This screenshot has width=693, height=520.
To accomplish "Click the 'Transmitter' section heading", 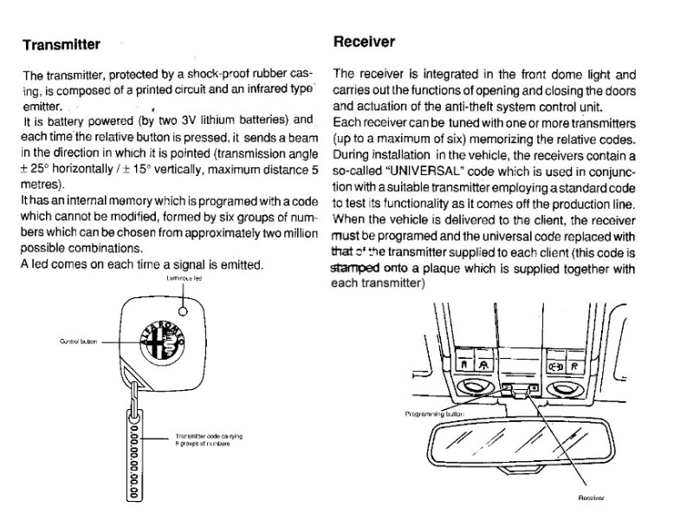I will (x=62, y=43).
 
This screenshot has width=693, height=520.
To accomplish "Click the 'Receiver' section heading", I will (x=364, y=42).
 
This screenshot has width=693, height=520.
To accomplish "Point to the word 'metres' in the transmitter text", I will (x=42, y=185).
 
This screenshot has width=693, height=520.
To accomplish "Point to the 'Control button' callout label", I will (x=76, y=342).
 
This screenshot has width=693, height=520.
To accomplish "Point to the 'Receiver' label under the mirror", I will (x=589, y=498).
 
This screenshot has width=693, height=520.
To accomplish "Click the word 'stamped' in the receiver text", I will (x=355, y=268).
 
